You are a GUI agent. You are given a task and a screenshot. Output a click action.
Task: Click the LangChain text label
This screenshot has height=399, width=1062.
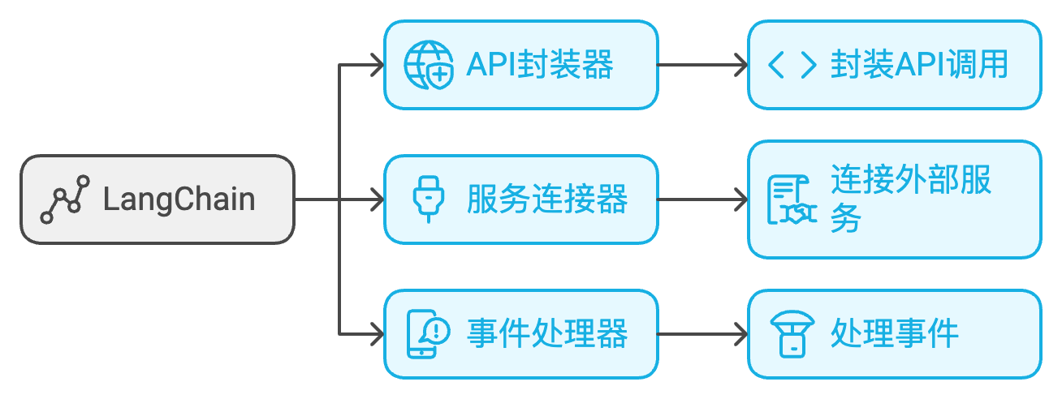pos(179,199)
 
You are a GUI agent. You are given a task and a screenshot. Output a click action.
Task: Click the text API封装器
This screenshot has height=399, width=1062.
pos(539,65)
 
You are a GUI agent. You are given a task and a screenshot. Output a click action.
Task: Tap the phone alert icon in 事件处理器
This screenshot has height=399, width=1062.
pos(428,333)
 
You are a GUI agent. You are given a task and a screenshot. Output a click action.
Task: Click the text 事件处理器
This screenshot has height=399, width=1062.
pos(547,333)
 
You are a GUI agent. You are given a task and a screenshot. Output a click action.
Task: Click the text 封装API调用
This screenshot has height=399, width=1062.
pos(919,65)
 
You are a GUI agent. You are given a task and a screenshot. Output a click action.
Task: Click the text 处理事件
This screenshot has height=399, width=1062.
pos(895,333)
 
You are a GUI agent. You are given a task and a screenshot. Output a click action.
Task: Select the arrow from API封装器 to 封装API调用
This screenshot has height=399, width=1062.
pos(702,65)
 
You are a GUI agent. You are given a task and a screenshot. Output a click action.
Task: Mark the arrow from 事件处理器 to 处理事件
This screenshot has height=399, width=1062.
pos(702,333)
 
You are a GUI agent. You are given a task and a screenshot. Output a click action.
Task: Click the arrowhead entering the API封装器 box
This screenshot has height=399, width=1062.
pos(375,65)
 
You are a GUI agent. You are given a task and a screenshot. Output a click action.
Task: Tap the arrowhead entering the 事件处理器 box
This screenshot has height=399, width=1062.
pos(375,333)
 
